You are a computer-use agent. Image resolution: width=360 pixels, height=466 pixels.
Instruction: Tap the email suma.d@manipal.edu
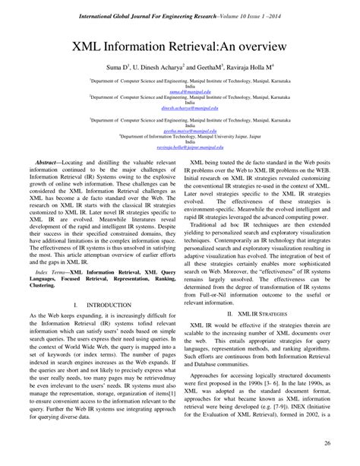(180, 88)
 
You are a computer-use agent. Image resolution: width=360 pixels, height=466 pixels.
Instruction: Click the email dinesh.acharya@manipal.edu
(180, 108)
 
